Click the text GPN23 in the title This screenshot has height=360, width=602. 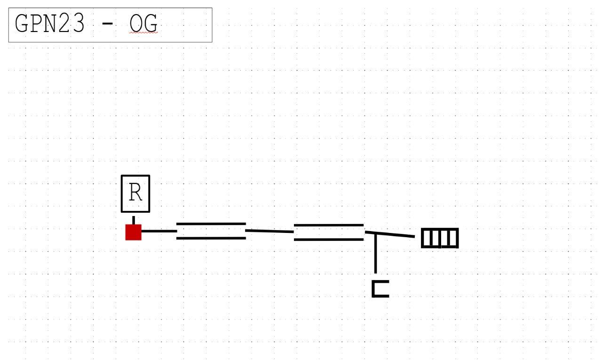coord(50,24)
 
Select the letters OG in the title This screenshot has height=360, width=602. coord(143,24)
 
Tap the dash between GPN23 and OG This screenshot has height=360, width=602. coord(108,24)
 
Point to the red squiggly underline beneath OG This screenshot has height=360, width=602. coord(143,34)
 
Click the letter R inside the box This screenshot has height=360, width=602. coord(135,193)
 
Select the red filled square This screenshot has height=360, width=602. coord(133,232)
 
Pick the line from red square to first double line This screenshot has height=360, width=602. coord(159,231)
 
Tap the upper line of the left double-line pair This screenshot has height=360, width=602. coord(211,224)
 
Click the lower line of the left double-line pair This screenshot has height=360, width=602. coord(211,238)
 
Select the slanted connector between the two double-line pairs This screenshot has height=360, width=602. coord(269,231)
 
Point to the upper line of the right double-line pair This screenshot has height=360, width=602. coord(329,225)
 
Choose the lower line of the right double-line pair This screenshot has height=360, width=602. coord(329,240)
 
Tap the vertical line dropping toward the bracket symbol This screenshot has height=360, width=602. coord(375,254)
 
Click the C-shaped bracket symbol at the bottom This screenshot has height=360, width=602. coord(380,289)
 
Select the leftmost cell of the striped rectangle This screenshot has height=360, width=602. coord(426,239)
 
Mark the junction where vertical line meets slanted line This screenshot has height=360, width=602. coord(375,233)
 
